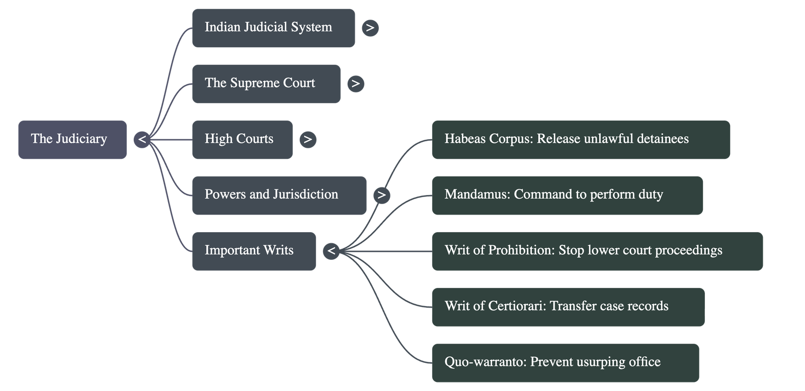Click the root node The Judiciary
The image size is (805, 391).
[x=72, y=139]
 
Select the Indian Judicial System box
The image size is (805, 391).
[x=273, y=28]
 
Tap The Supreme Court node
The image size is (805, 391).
[x=266, y=83]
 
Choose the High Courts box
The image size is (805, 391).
[x=242, y=139]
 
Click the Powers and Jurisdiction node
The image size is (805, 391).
[x=279, y=195]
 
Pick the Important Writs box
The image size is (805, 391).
[x=254, y=251]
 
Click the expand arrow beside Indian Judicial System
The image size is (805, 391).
[x=370, y=28]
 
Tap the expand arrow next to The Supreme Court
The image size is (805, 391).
[x=356, y=83]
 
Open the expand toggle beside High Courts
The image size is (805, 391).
[x=308, y=139]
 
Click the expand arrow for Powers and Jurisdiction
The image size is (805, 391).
[x=382, y=195]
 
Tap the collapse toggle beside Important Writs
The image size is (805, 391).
[x=331, y=251]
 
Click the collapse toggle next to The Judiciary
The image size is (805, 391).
[x=142, y=139]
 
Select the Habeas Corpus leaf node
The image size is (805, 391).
[x=581, y=139]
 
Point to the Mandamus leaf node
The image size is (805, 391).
[x=567, y=195]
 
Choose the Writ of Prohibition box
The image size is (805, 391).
[x=597, y=251]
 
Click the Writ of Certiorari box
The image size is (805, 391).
[x=568, y=307]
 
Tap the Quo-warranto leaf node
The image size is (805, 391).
[x=565, y=362]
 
